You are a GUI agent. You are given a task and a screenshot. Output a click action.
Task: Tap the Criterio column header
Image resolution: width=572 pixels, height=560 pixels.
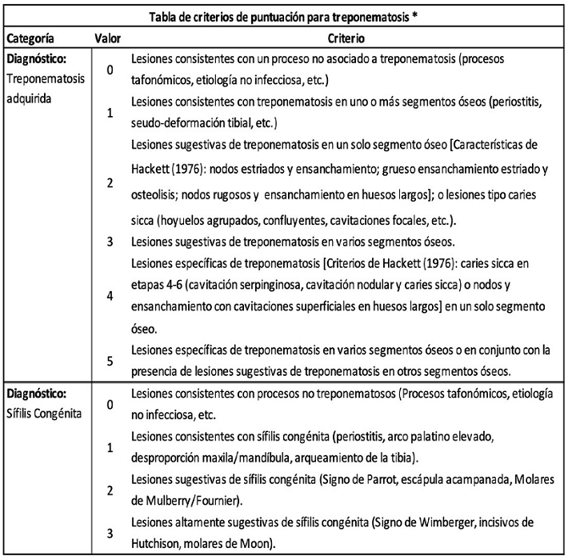click(347, 38)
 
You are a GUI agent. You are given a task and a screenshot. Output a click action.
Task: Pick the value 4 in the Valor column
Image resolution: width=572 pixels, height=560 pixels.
click(109, 296)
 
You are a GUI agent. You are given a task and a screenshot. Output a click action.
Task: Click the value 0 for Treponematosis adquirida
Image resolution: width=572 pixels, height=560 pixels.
click(109, 70)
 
